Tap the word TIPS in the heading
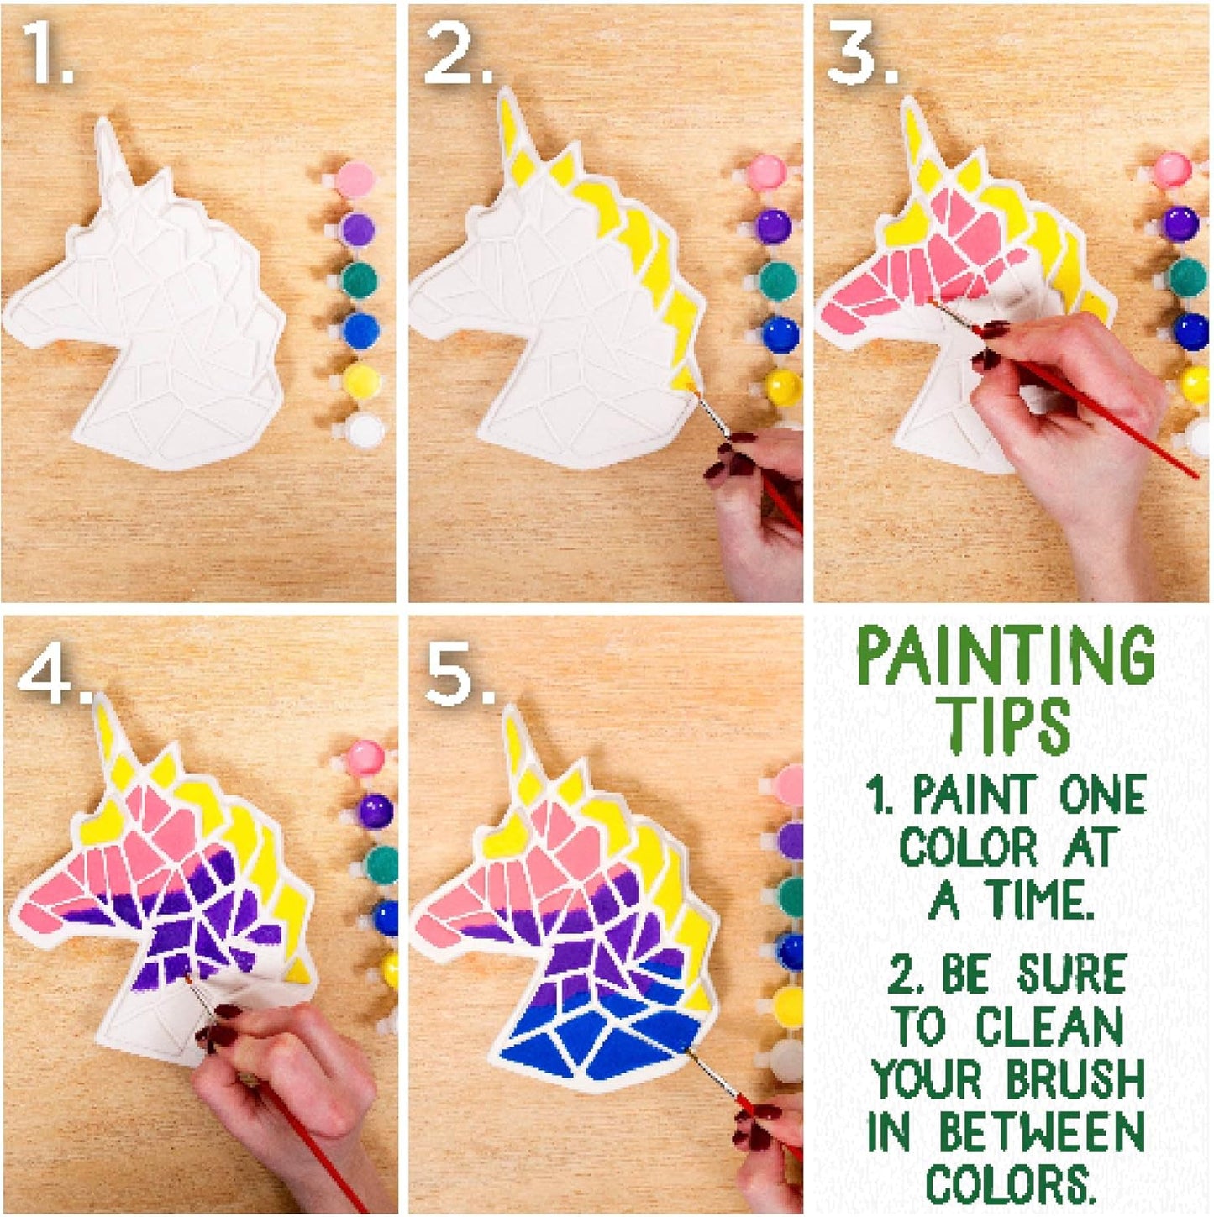pyautogui.click(x=1006, y=725)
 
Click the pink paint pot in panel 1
pyautogui.click(x=355, y=178)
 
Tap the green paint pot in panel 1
pyautogui.click(x=359, y=280)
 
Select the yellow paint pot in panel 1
pyautogui.click(x=362, y=382)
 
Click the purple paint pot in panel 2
pyautogui.click(x=772, y=226)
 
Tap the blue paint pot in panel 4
pyautogui.click(x=385, y=917)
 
